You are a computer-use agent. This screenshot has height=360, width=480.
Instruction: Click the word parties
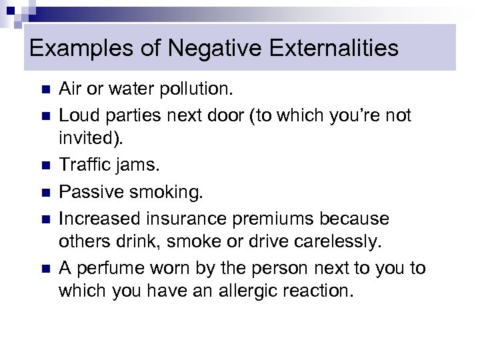click(136, 115)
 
